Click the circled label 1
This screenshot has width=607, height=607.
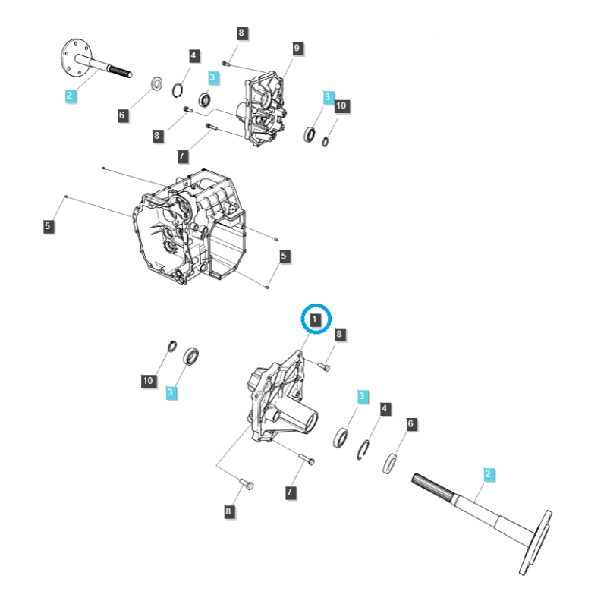click(x=316, y=319)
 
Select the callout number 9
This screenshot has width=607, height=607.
click(x=297, y=49)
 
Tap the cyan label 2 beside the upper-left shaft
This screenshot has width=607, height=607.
click(x=69, y=96)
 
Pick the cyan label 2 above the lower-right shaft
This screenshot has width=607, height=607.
click(x=488, y=475)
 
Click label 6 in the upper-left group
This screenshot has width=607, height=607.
click(x=122, y=115)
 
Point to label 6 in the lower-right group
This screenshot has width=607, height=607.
click(x=410, y=424)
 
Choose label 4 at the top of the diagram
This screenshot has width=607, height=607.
click(x=194, y=55)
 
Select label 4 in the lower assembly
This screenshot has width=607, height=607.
click(x=385, y=409)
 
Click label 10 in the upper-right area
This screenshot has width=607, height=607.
click(x=341, y=106)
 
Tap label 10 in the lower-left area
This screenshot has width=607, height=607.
click(x=149, y=380)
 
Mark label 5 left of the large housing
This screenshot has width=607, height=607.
click(x=49, y=225)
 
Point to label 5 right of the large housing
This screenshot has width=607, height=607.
click(x=283, y=256)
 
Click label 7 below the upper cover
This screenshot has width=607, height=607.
click(x=182, y=156)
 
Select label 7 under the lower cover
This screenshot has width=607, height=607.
click(x=290, y=493)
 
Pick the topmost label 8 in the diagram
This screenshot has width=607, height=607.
click(x=241, y=33)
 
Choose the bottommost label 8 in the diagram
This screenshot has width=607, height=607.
click(x=228, y=512)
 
